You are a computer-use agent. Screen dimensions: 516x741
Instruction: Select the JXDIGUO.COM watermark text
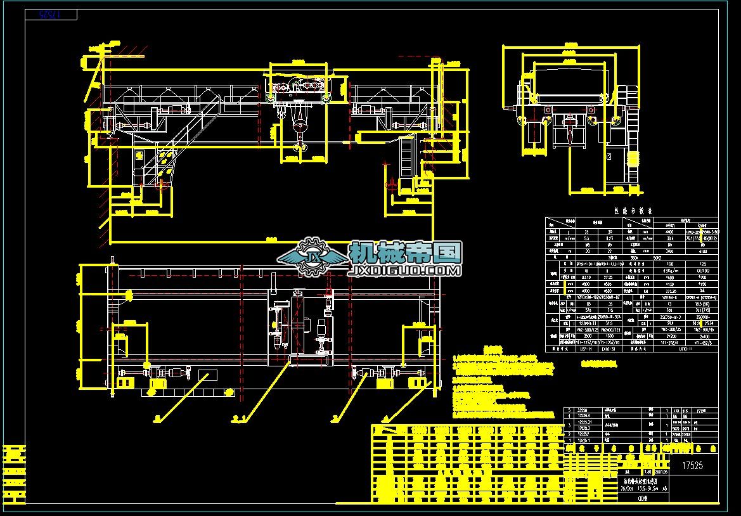[404, 271]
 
